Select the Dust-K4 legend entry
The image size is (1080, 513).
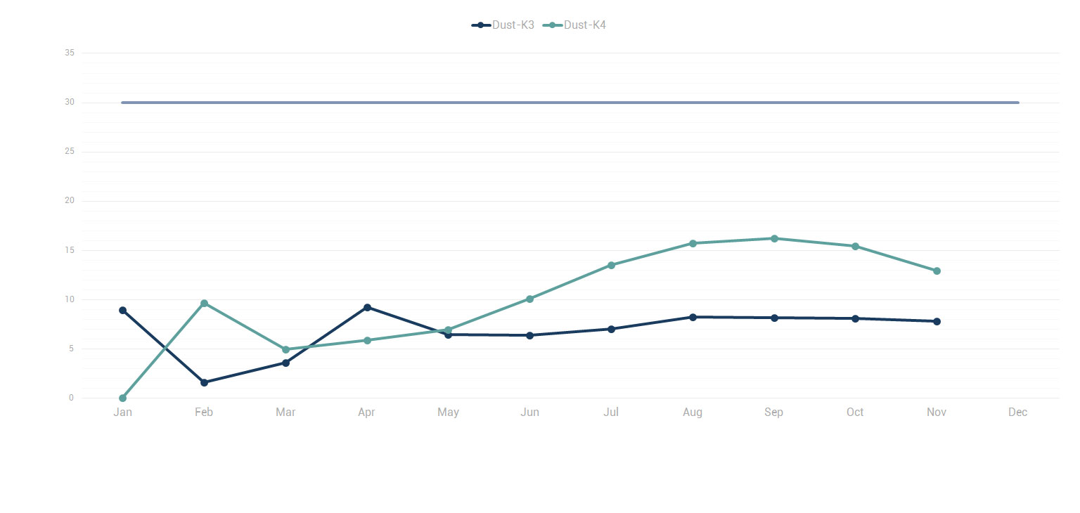point(575,25)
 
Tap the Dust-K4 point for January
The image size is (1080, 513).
point(122,398)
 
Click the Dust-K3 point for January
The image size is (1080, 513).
point(122,311)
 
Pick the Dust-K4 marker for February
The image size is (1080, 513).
point(204,304)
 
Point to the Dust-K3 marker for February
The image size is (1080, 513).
point(204,383)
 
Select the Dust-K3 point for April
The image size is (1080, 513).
point(367,307)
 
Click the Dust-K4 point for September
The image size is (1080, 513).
point(774,239)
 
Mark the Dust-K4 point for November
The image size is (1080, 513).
point(937,271)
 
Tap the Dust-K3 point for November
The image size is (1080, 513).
point(937,322)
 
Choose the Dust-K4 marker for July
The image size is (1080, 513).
point(611,265)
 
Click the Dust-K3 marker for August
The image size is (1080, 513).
point(693,318)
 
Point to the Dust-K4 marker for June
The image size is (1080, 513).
point(529,299)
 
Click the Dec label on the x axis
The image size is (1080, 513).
point(1017,413)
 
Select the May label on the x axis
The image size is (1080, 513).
point(448,413)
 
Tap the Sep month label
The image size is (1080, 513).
point(773,413)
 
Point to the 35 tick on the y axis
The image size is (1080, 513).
point(69,53)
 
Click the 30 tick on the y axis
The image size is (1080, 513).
point(69,103)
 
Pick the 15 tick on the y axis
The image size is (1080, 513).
point(69,251)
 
